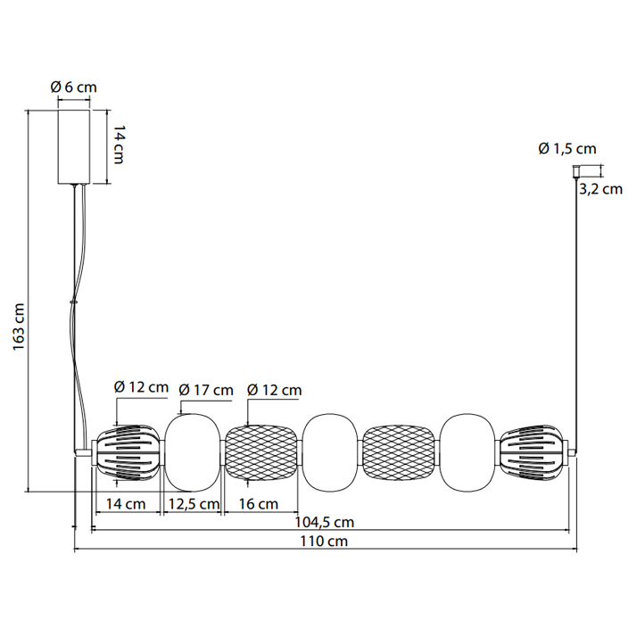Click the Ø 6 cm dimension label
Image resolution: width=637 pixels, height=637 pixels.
point(73,87)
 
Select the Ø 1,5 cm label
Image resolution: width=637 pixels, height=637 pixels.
point(567,149)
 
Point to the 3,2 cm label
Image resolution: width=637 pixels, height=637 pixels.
point(600,189)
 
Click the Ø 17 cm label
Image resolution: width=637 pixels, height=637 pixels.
point(206,391)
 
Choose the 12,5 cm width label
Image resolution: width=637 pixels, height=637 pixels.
point(194,504)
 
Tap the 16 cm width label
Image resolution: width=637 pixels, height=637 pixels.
point(259,504)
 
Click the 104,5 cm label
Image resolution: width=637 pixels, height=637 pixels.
point(324,522)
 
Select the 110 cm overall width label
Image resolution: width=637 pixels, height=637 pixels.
point(324,542)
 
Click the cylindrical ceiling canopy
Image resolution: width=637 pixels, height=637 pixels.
point(73,146)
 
